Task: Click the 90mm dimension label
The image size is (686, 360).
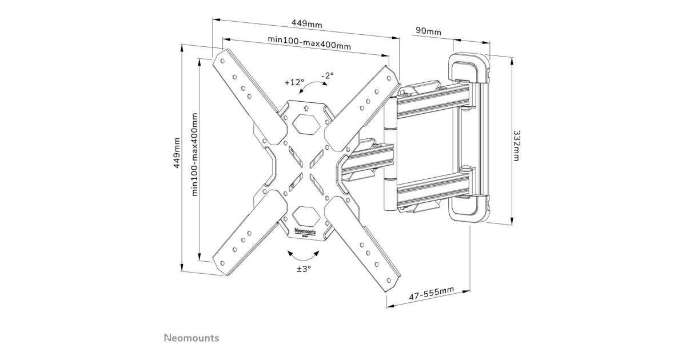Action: click(428, 31)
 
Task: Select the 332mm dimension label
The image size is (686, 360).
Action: click(516, 146)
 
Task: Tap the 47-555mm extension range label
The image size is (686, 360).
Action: click(432, 293)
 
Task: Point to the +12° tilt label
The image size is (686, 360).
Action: click(294, 82)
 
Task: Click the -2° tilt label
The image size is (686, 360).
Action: click(328, 75)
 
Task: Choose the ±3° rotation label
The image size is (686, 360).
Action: click(304, 269)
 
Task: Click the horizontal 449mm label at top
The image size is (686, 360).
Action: click(306, 23)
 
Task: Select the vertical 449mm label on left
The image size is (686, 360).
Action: click(177, 153)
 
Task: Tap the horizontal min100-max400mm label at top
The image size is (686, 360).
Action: click(309, 42)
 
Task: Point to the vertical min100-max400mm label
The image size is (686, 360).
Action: click(194, 155)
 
